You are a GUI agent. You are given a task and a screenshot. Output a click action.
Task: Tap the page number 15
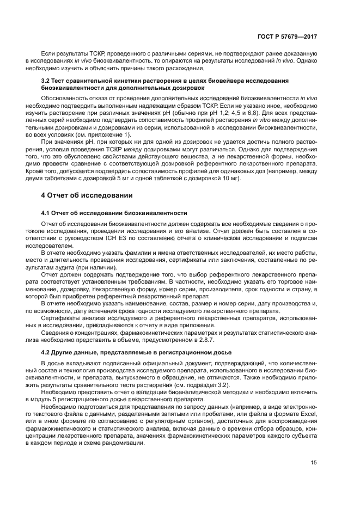coord(314,462)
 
